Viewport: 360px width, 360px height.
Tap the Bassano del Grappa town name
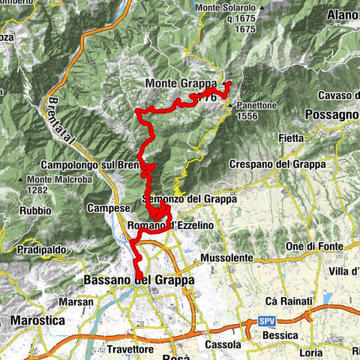pos(136,280)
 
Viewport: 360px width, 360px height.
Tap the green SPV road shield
pos(268,321)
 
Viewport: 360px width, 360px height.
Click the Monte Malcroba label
pos(58,180)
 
